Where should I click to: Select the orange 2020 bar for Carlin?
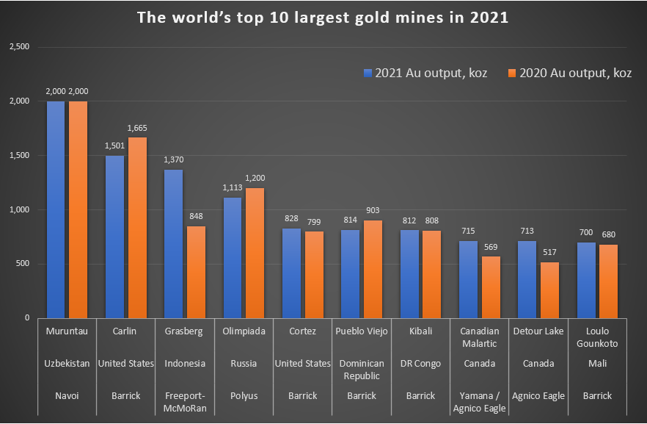(137, 228)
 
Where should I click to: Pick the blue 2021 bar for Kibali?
(409, 274)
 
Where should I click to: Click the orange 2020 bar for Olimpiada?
(255, 253)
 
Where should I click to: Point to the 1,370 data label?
(173, 159)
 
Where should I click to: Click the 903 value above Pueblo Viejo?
(373, 210)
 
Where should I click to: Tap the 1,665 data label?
(137, 128)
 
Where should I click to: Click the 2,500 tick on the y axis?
(18, 47)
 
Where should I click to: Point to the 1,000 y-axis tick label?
(18, 210)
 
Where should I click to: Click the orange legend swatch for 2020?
(511, 73)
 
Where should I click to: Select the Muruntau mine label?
(66, 331)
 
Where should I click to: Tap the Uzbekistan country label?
(66, 364)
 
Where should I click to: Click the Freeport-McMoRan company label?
(185, 402)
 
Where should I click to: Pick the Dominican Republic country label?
(361, 369)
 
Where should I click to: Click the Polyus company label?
(244, 396)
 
